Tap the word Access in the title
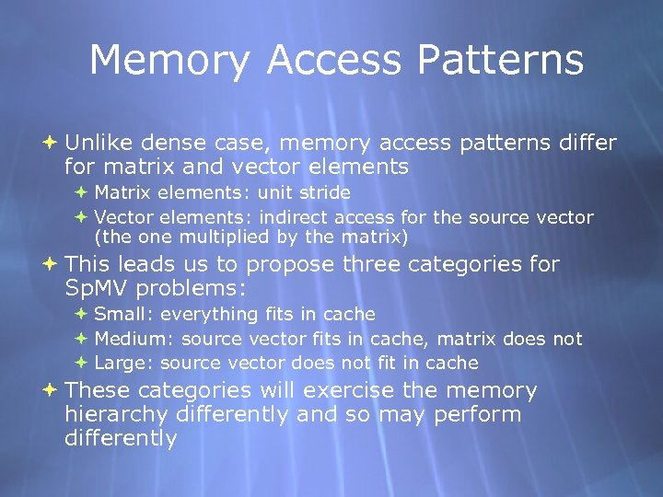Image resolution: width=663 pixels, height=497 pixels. click(x=332, y=61)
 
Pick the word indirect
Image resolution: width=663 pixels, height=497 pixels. click(x=295, y=218)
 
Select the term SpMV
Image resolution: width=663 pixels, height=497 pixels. click(x=96, y=288)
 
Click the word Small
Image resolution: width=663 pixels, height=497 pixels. click(x=117, y=315)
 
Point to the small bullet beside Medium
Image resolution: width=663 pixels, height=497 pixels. click(x=80, y=339)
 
